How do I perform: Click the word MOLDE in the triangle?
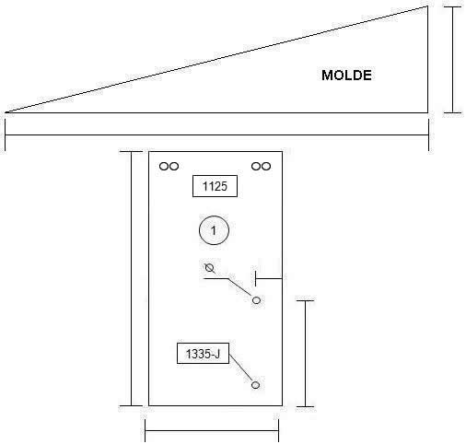click(346, 76)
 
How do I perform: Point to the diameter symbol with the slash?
click(210, 268)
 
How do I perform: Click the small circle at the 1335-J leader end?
click(255, 385)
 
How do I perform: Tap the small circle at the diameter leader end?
click(256, 300)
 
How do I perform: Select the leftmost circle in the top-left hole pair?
click(164, 167)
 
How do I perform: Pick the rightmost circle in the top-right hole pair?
click(266, 167)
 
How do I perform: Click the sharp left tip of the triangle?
click(6, 112)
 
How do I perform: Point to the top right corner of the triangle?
click(427, 6)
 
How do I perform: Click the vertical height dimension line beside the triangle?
click(452, 60)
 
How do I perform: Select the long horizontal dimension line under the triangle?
click(217, 134)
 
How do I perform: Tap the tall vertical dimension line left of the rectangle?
click(132, 278)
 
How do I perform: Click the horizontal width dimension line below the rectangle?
click(212, 431)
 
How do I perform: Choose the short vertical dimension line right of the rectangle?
click(305, 354)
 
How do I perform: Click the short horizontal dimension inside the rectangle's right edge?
click(269, 278)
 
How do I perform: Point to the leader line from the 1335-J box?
click(241, 368)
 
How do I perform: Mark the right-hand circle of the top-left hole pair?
click(174, 167)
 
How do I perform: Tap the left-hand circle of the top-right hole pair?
click(256, 167)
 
